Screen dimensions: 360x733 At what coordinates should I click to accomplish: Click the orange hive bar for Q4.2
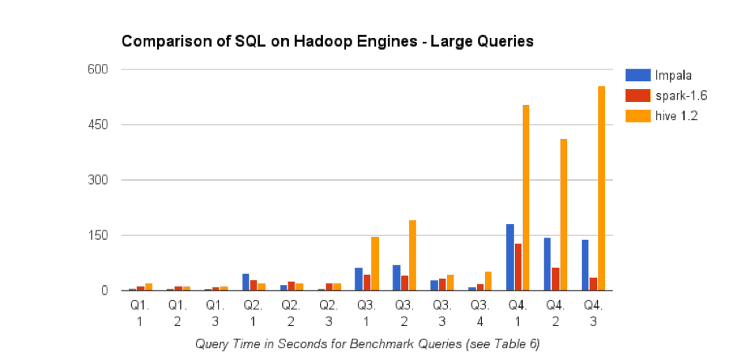point(563,215)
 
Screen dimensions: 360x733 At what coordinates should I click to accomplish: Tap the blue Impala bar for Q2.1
point(246,282)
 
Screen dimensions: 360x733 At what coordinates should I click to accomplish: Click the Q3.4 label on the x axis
point(479,312)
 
